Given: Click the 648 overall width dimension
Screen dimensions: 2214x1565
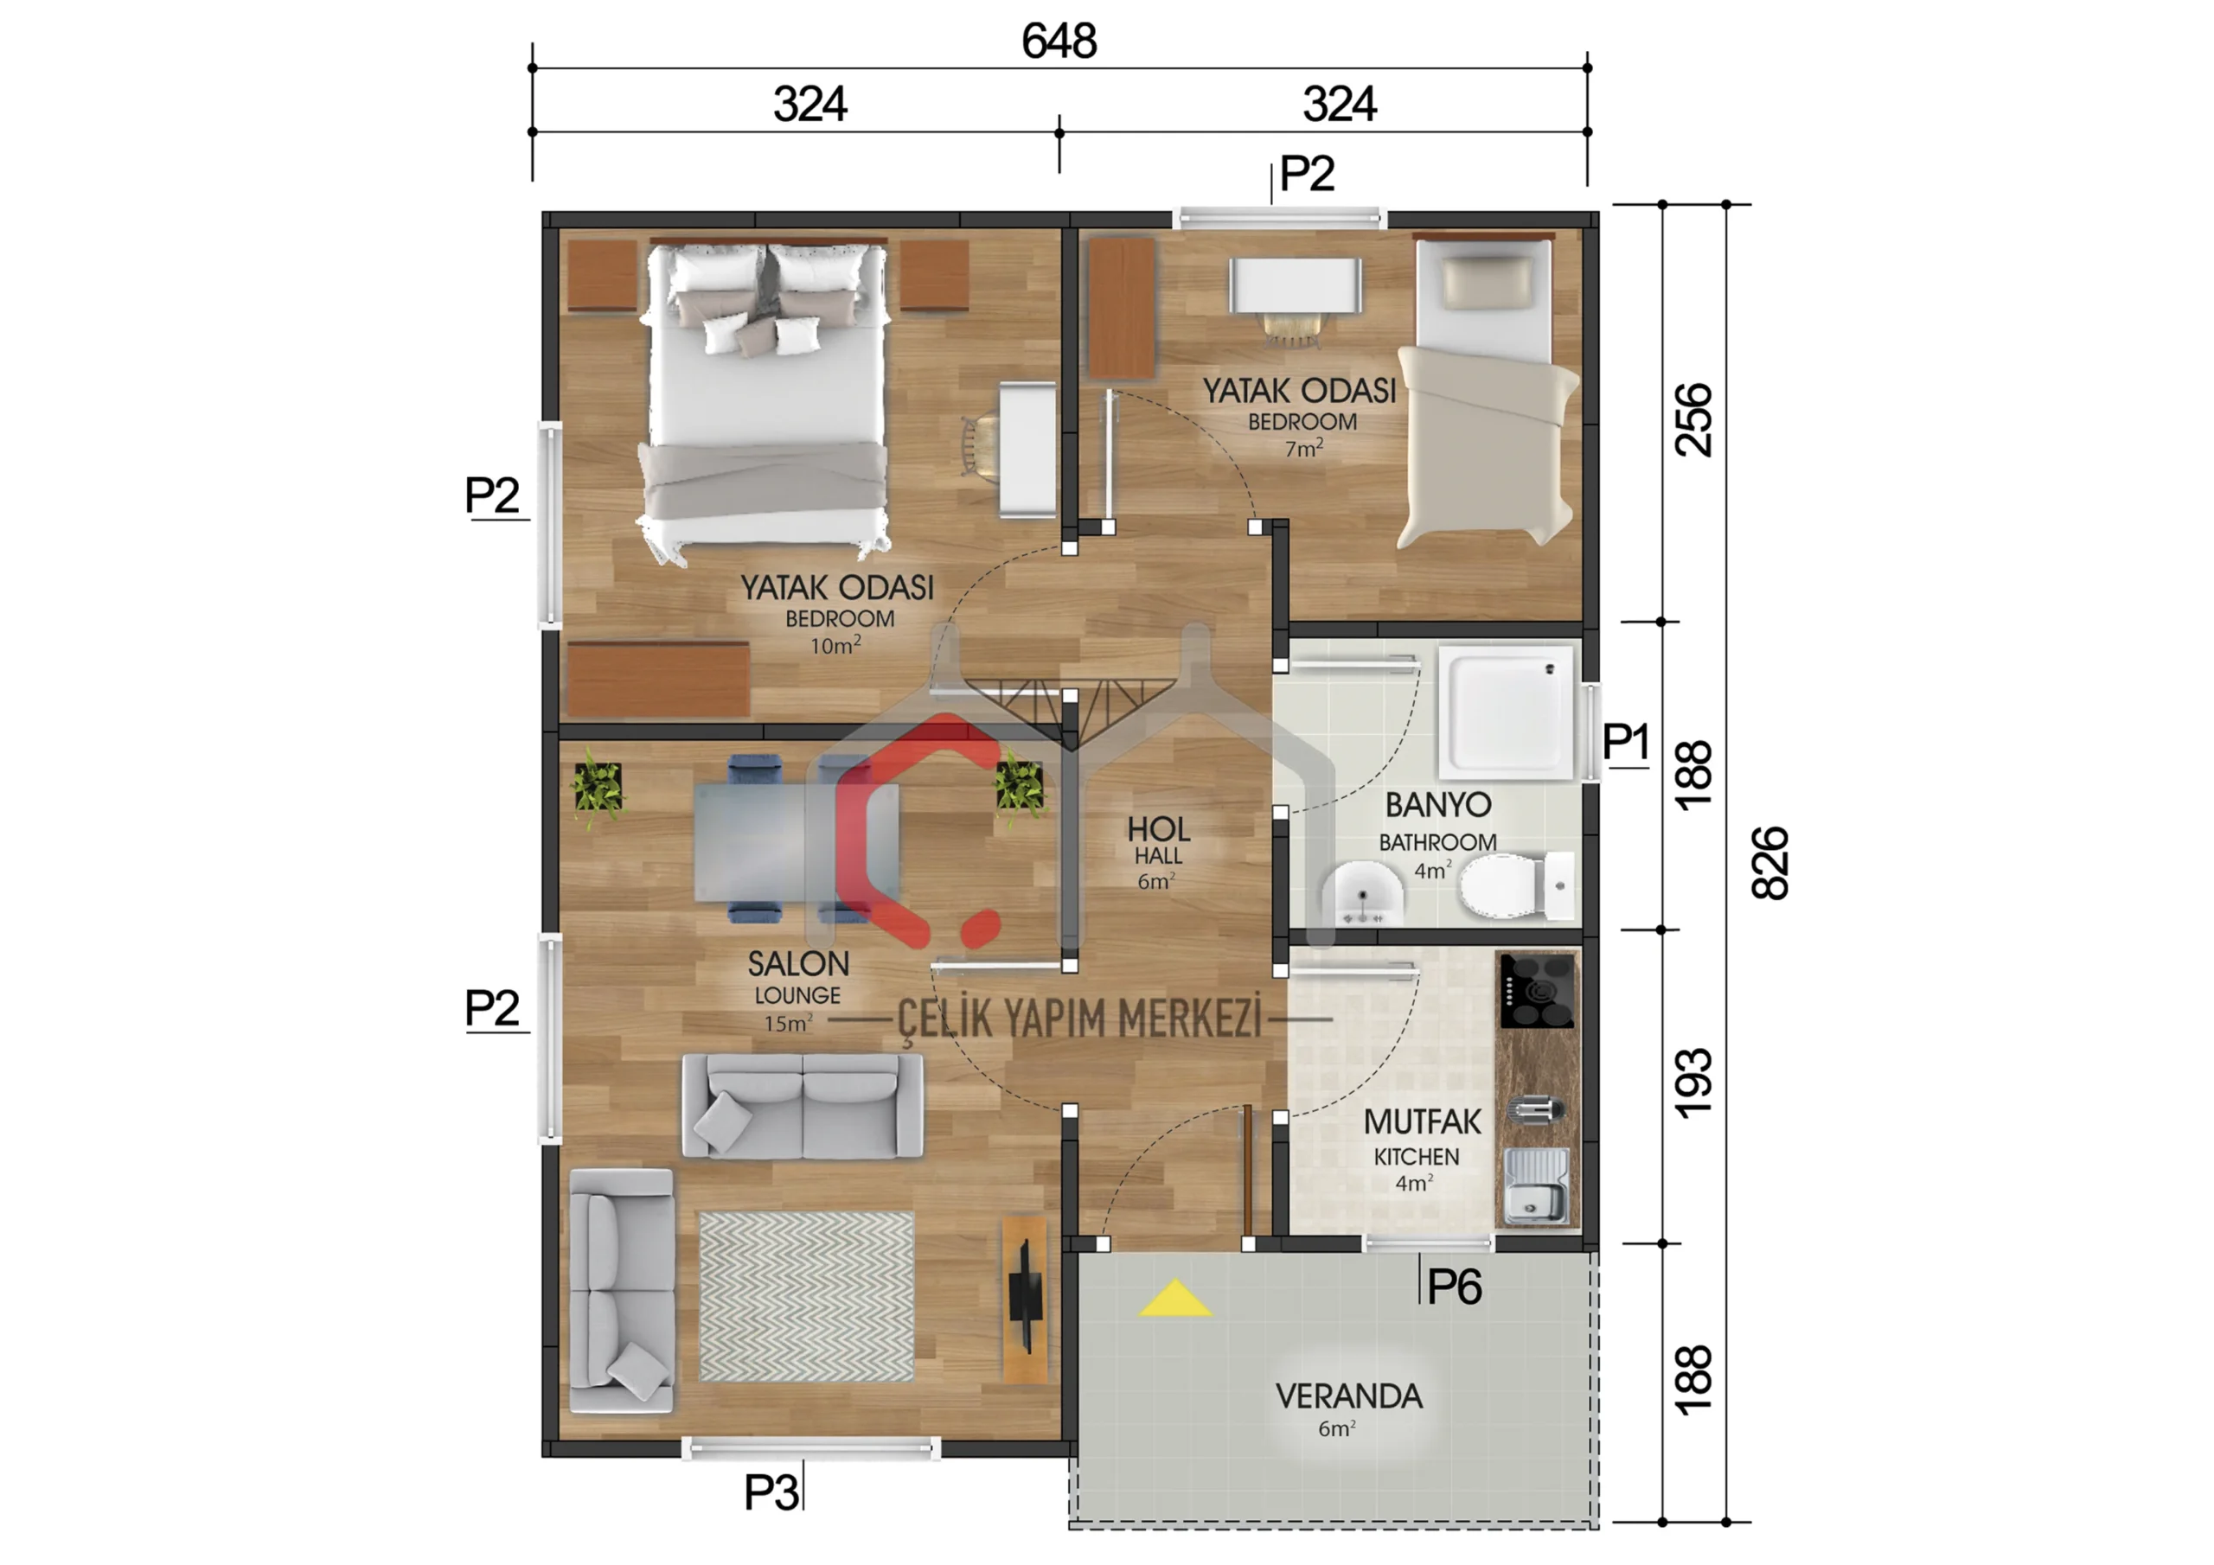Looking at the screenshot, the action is [x=1059, y=42].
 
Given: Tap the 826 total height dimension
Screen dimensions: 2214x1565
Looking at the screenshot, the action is [x=1770, y=863].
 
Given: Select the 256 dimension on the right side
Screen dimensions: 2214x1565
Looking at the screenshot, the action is [x=1694, y=420].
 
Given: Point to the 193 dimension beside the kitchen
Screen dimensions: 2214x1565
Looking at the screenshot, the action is [x=1694, y=1084].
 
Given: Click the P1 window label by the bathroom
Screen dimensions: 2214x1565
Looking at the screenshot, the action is [x=1626, y=742].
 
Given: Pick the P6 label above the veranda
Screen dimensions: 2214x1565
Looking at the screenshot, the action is [x=1454, y=1287].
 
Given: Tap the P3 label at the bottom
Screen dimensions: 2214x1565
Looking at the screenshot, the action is [x=771, y=1492].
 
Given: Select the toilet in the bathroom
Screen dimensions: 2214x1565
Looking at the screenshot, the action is [x=1517, y=885].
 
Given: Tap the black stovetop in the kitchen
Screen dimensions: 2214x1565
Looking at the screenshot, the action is [x=1537, y=990].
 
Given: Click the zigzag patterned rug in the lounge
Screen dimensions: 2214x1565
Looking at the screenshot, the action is [x=805, y=1297].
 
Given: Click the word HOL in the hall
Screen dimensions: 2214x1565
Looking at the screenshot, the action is [x=1158, y=829].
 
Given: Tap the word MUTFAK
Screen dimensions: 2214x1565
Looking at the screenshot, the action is [x=1423, y=1122].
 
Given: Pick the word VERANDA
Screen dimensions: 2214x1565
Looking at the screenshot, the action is [x=1348, y=1396].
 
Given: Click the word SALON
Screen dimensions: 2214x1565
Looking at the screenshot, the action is [x=798, y=964].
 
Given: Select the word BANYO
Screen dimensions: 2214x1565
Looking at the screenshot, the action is [x=1437, y=805].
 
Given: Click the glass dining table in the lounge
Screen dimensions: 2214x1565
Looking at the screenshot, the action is [x=797, y=840].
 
